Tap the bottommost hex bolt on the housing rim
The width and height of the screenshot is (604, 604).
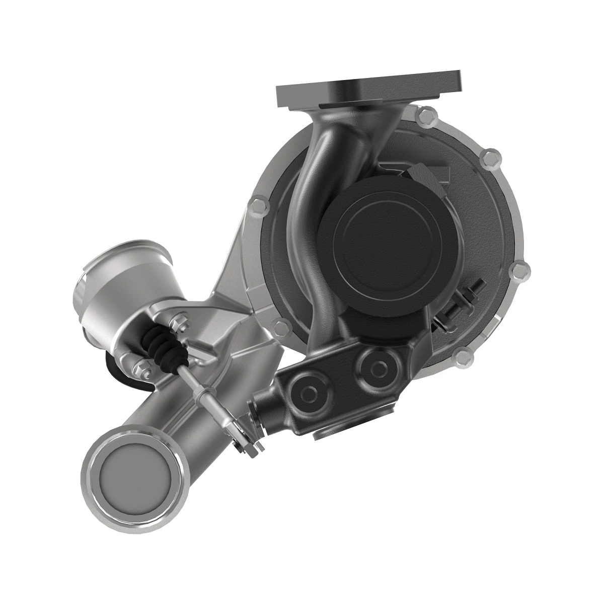[x=463, y=358]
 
